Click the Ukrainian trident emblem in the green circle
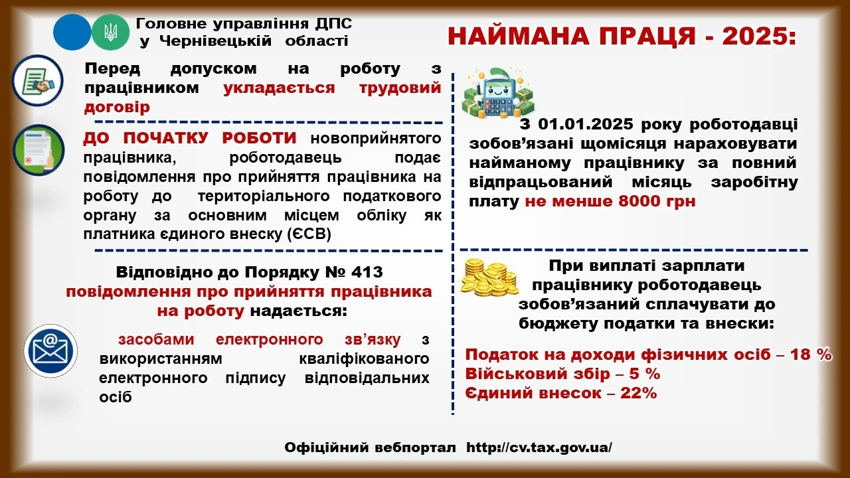coord(110,33)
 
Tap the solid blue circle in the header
coord(72,33)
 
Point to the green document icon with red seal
coord(38,150)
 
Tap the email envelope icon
coord(50,350)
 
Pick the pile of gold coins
coord(490,277)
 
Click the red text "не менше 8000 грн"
coord(610,201)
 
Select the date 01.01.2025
coord(592,124)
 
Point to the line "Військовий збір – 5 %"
coord(562,374)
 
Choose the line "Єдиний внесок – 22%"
coord(561,393)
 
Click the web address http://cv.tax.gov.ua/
coord(539,447)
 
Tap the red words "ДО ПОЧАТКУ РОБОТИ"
coord(189,138)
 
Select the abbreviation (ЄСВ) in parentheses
coord(309,235)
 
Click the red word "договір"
coord(117,106)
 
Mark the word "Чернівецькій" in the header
coord(215,41)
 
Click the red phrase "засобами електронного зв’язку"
coord(260,340)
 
